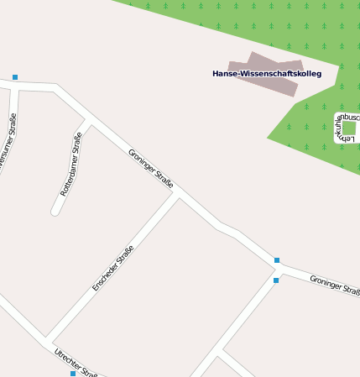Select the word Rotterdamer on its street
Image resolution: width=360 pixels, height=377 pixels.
68,177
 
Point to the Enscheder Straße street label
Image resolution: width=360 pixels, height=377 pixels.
113,268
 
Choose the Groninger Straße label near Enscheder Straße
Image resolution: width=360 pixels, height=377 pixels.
151,168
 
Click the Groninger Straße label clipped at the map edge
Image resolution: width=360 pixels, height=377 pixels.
335,285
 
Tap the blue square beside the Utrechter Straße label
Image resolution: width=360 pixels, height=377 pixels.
73,374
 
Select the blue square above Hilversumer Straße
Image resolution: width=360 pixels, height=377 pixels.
15,77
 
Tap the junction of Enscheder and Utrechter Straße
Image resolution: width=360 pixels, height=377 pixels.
47,338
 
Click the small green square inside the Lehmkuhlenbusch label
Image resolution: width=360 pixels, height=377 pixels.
349,128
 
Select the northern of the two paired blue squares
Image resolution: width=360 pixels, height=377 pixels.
277,260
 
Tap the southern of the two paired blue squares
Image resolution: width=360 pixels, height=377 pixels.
275,280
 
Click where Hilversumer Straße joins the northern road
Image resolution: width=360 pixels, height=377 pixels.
16,85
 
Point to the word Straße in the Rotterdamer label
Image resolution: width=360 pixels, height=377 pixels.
76,147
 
